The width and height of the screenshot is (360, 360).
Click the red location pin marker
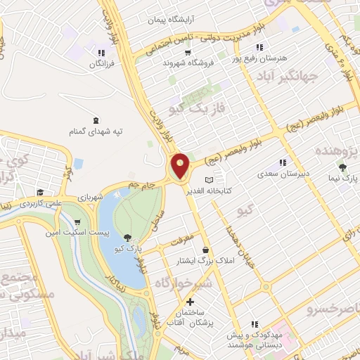click(181, 166)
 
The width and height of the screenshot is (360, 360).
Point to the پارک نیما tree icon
click(342, 167)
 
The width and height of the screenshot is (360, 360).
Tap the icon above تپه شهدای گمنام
click(96, 119)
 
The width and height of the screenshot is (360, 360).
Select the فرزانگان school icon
click(102, 53)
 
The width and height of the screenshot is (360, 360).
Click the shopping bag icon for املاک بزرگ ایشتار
click(205, 250)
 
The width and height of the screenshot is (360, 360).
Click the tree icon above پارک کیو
click(127, 237)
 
